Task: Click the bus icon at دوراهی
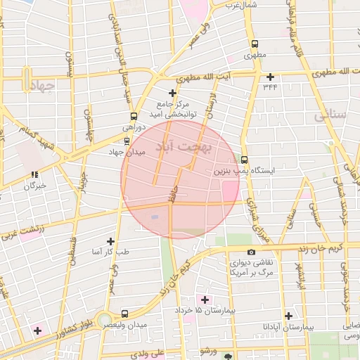tap(134, 117)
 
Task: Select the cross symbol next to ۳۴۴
tap(269, 77)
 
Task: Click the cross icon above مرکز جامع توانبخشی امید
tap(172, 93)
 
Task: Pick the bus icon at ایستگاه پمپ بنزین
tap(244, 160)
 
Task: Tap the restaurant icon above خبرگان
tap(34, 174)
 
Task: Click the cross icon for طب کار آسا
tap(110, 240)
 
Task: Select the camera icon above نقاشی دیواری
tap(251, 252)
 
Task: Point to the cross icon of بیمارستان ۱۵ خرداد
tap(205, 300)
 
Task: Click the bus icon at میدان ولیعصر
tap(124, 314)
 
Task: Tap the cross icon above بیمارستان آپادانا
tap(288, 316)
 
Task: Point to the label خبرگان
tap(34, 186)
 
